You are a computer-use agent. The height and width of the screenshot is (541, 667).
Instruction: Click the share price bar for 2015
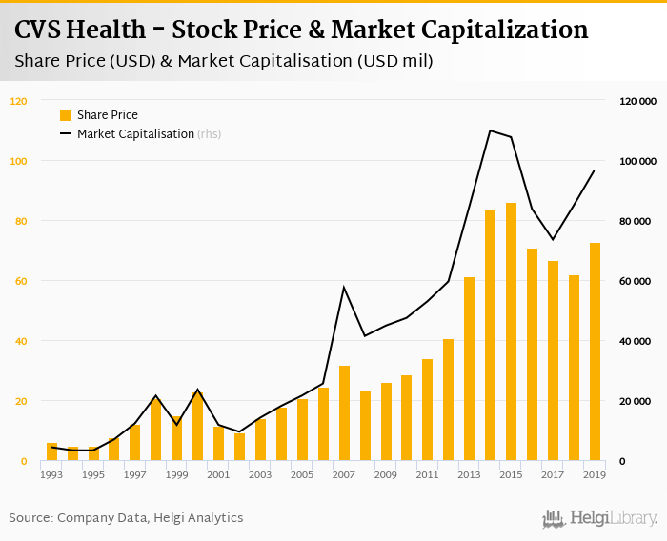tap(512, 332)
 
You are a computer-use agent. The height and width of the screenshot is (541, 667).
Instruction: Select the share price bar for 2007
tap(344, 413)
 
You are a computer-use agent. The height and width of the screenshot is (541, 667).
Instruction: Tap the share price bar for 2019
tap(596, 352)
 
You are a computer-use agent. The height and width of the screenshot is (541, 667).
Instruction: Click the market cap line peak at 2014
tap(490, 130)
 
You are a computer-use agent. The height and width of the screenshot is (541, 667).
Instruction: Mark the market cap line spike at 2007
tap(344, 287)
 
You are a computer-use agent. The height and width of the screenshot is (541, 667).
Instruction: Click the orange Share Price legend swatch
tap(66, 115)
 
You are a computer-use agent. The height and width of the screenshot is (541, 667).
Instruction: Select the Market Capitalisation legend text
tap(135, 134)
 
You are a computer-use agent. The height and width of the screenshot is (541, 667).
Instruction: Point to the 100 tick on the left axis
tap(19, 161)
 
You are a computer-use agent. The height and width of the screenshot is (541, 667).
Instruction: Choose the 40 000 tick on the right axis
tap(637, 341)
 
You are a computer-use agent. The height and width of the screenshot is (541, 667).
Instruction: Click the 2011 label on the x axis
tap(427, 474)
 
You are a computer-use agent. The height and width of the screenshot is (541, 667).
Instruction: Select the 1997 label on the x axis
tap(134, 474)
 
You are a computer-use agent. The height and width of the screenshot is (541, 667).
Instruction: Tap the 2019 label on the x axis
tap(595, 474)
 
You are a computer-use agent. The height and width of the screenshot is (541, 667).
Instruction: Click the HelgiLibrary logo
tap(599, 518)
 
